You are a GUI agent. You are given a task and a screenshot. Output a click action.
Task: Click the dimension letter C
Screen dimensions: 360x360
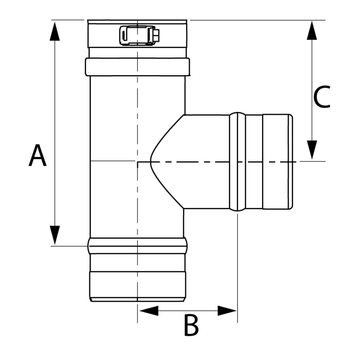point(322,97)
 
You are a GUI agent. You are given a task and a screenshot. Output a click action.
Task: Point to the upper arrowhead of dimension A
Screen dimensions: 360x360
point(55,31)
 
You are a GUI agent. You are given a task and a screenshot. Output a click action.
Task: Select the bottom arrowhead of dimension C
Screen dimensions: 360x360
point(312,150)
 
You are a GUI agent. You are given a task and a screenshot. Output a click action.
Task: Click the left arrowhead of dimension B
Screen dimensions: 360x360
point(148,310)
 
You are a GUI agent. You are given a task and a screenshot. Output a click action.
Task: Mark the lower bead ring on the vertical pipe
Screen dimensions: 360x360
point(137,246)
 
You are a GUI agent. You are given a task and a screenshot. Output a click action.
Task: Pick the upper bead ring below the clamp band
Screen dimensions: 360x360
point(137,67)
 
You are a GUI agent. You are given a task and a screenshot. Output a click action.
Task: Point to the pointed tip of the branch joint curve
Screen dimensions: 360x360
point(151,162)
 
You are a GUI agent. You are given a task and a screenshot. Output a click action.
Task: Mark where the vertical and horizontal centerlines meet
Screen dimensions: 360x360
point(137,162)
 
